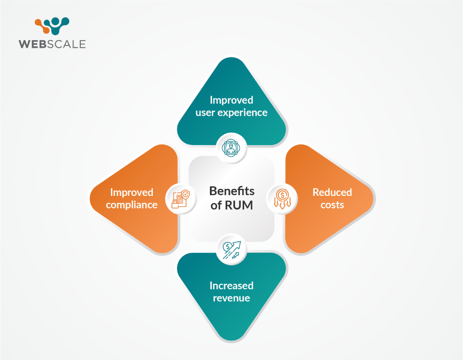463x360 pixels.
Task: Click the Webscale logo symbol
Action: [52, 26]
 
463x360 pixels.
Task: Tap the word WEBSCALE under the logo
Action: [52, 44]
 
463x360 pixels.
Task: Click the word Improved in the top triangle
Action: [231, 100]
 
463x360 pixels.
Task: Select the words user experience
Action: [231, 113]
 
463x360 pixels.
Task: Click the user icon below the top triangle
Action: [231, 148]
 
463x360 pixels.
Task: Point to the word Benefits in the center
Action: [232, 191]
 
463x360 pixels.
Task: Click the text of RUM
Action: [232, 205]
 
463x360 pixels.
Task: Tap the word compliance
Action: [132, 205]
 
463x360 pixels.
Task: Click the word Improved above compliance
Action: [132, 192]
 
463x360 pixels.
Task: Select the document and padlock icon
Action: [181, 199]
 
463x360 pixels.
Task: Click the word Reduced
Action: [332, 192]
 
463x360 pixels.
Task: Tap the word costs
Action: [332, 205]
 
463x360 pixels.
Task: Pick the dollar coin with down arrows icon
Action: [282, 199]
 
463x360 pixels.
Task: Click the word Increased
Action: [231, 285]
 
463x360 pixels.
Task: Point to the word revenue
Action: [231, 298]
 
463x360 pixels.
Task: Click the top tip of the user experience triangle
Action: [232, 58]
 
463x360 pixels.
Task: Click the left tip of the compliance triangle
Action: [90, 199]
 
